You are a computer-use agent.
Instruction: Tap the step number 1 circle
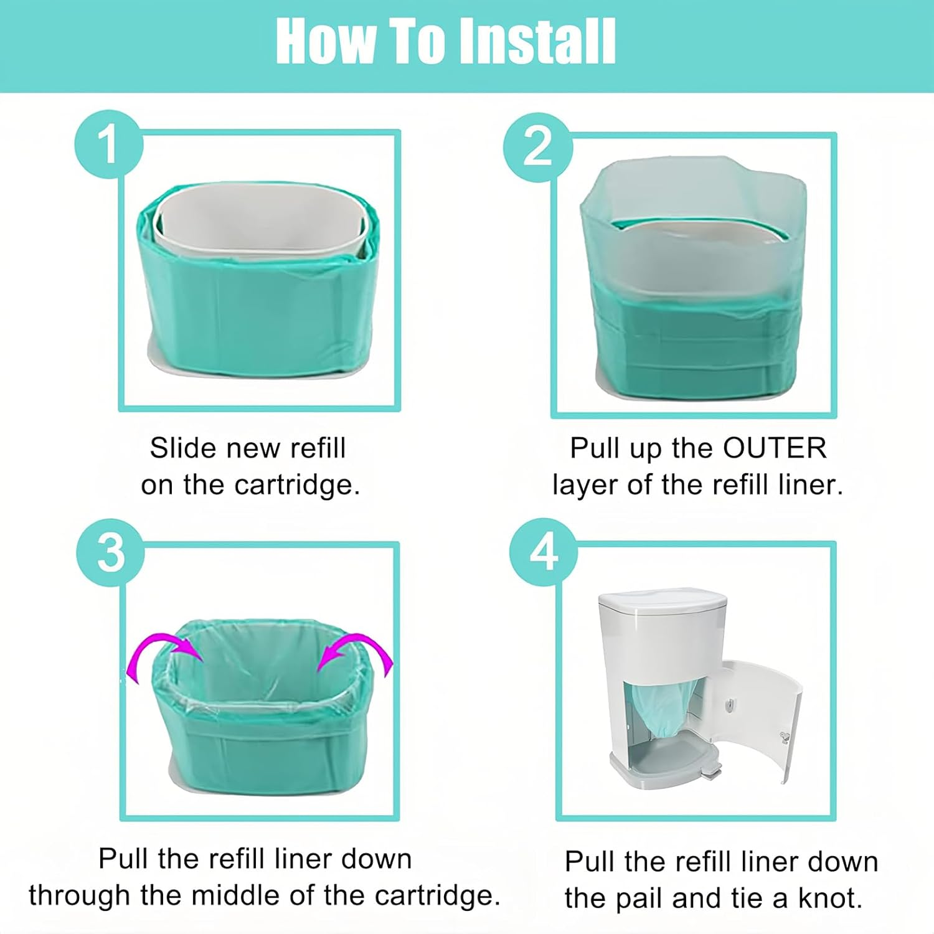click(x=108, y=144)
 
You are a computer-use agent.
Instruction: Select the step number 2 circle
click(x=537, y=147)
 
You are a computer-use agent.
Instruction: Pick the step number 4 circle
click(x=543, y=552)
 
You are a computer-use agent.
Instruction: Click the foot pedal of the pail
click(x=710, y=772)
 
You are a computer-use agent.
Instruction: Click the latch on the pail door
click(x=784, y=737)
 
